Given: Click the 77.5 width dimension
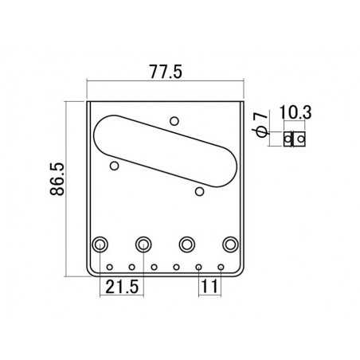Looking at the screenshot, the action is [x=166, y=72].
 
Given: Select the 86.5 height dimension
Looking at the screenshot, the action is [x=57, y=179].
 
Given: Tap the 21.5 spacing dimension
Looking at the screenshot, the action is [x=122, y=287].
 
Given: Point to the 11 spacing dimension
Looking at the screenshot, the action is [x=209, y=287].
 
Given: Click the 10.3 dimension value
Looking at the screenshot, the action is [x=295, y=112].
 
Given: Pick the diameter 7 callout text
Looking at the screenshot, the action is [x=260, y=124].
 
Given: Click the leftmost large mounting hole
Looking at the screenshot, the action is [x=100, y=245].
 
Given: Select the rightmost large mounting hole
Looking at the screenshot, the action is [x=230, y=245].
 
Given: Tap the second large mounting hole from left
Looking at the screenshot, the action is [x=143, y=245].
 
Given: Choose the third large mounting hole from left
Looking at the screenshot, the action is [x=187, y=245].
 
